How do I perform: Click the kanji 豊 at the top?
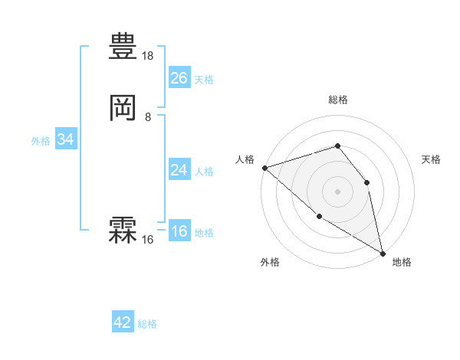(123, 48)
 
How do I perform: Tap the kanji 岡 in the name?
(123, 110)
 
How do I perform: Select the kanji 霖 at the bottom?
(123, 231)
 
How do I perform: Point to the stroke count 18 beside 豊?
(148, 56)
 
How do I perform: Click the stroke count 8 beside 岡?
(148, 117)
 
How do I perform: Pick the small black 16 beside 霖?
(148, 240)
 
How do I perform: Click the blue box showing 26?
(179, 78)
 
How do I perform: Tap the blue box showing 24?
(179, 170)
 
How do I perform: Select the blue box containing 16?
(179, 232)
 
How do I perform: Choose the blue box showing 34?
(65, 140)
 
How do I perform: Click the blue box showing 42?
(123, 322)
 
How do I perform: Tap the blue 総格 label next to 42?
(147, 324)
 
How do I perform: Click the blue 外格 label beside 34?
(41, 141)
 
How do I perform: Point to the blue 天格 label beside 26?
(204, 80)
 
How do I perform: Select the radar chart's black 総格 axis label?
(337, 100)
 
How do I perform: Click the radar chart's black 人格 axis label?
(245, 159)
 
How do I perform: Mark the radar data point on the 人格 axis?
(264, 168)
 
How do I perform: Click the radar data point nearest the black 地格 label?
(383, 252)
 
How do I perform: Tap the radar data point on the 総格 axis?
(337, 146)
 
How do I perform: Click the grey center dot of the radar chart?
(337, 191)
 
